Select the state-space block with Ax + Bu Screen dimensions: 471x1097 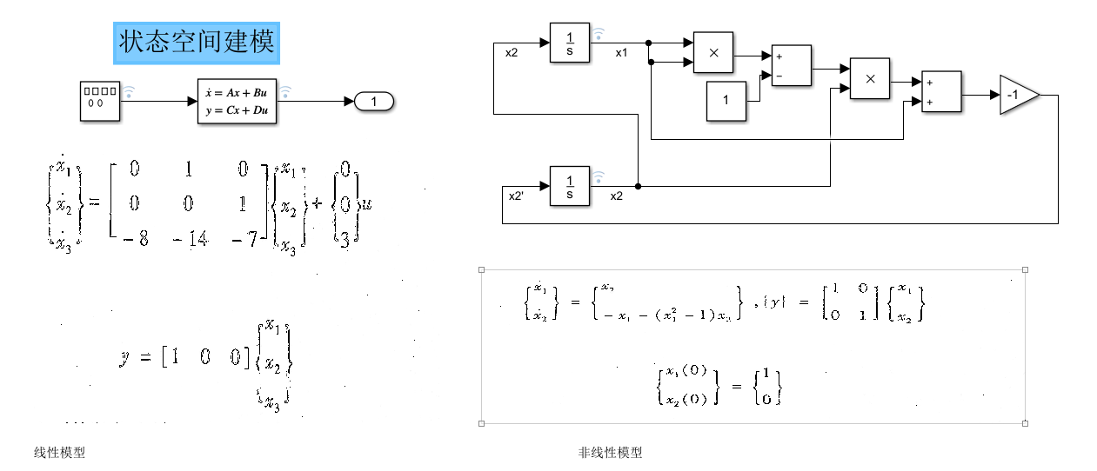coord(237,101)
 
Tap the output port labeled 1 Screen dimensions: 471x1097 coord(375,102)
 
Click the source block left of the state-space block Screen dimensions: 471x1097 coord(100,101)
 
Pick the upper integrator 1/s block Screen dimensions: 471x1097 coord(570,43)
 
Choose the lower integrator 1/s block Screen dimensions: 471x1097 coord(570,186)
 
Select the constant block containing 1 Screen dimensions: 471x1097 coord(726,101)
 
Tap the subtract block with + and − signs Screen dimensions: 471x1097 coord(792,66)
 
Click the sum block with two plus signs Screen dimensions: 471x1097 coord(942,92)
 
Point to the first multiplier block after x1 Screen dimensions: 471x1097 coord(713,53)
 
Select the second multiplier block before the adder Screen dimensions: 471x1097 coord(870,79)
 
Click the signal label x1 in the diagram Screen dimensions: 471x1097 coord(621,53)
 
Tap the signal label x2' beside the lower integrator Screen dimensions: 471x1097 coord(517,196)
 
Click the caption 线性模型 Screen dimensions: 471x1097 coord(60,453)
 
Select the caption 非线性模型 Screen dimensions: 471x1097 coord(610,453)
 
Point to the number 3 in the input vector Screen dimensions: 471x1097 coord(344,238)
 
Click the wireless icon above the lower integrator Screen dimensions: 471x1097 coord(599,177)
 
